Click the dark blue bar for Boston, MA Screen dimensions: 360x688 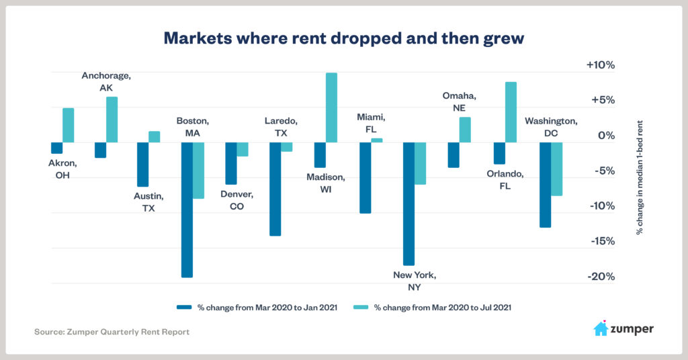(187, 210)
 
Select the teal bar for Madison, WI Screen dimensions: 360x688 (331, 107)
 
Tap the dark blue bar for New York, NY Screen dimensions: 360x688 (408, 204)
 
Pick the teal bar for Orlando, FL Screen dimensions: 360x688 (511, 112)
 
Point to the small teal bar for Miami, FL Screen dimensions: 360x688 (377, 140)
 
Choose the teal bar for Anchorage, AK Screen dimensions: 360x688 (112, 120)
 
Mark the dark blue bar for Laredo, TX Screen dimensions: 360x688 (275, 189)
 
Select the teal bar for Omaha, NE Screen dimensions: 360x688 (465, 130)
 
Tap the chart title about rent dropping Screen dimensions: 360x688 (343, 38)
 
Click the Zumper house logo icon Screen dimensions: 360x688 (601, 328)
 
